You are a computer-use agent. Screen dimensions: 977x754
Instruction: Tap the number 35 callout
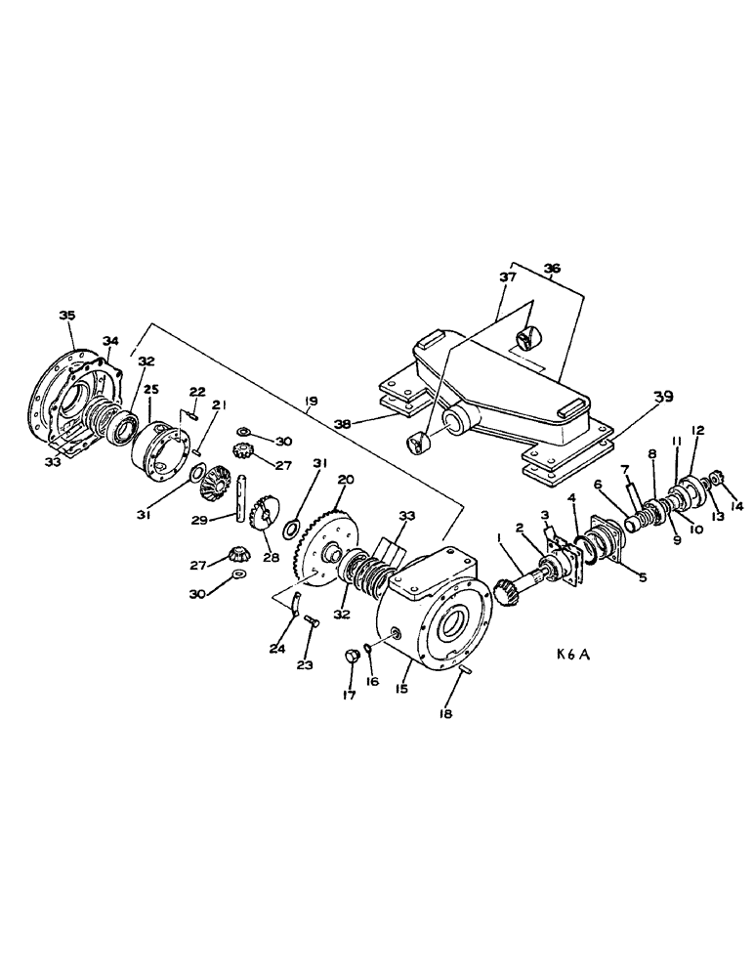(66, 315)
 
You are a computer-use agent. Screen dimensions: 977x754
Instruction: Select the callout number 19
(311, 401)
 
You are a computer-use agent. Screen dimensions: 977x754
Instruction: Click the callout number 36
(552, 268)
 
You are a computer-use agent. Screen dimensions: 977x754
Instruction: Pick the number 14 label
(736, 506)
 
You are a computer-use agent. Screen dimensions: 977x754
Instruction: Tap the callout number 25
(150, 389)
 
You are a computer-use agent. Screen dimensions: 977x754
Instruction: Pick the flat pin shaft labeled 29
(238, 499)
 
